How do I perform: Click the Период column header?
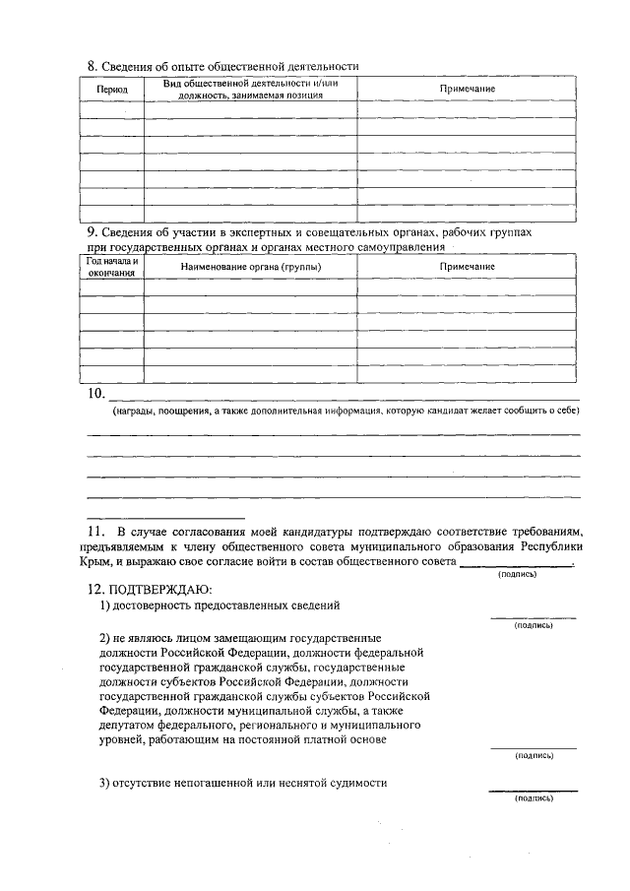click(112, 90)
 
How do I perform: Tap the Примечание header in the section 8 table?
click(468, 90)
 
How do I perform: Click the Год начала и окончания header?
click(111, 267)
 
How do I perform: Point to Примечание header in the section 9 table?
click(468, 267)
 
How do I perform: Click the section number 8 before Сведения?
click(92, 66)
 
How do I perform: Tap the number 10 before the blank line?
click(95, 394)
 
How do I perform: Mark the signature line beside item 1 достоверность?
click(534, 617)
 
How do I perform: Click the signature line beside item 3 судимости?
click(534, 791)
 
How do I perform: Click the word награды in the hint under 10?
click(136, 410)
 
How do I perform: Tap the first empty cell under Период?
click(111, 109)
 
